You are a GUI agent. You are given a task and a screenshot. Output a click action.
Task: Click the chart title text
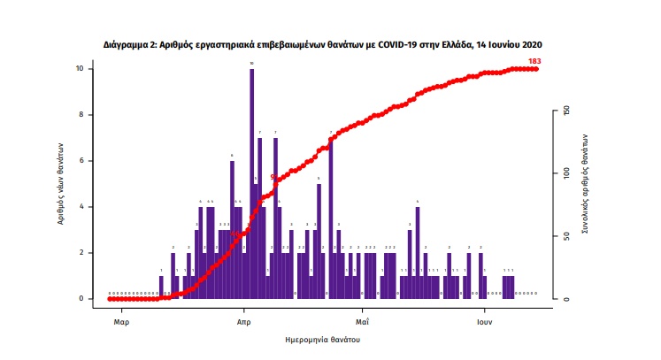tap(321, 43)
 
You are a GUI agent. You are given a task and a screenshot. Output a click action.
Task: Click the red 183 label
tap(534, 61)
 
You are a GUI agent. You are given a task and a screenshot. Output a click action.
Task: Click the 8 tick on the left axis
tap(81, 115)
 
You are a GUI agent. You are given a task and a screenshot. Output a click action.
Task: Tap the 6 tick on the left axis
tap(81, 161)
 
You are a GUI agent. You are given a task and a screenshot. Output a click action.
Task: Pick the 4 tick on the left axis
tap(81, 207)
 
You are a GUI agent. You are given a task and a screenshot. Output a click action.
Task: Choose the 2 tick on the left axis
tap(81, 253)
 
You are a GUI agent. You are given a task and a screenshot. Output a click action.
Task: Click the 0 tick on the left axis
tap(81, 299)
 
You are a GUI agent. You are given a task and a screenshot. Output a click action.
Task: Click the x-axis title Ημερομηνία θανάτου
tap(323, 340)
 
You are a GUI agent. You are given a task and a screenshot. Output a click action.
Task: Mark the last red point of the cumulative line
tap(536, 69)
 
